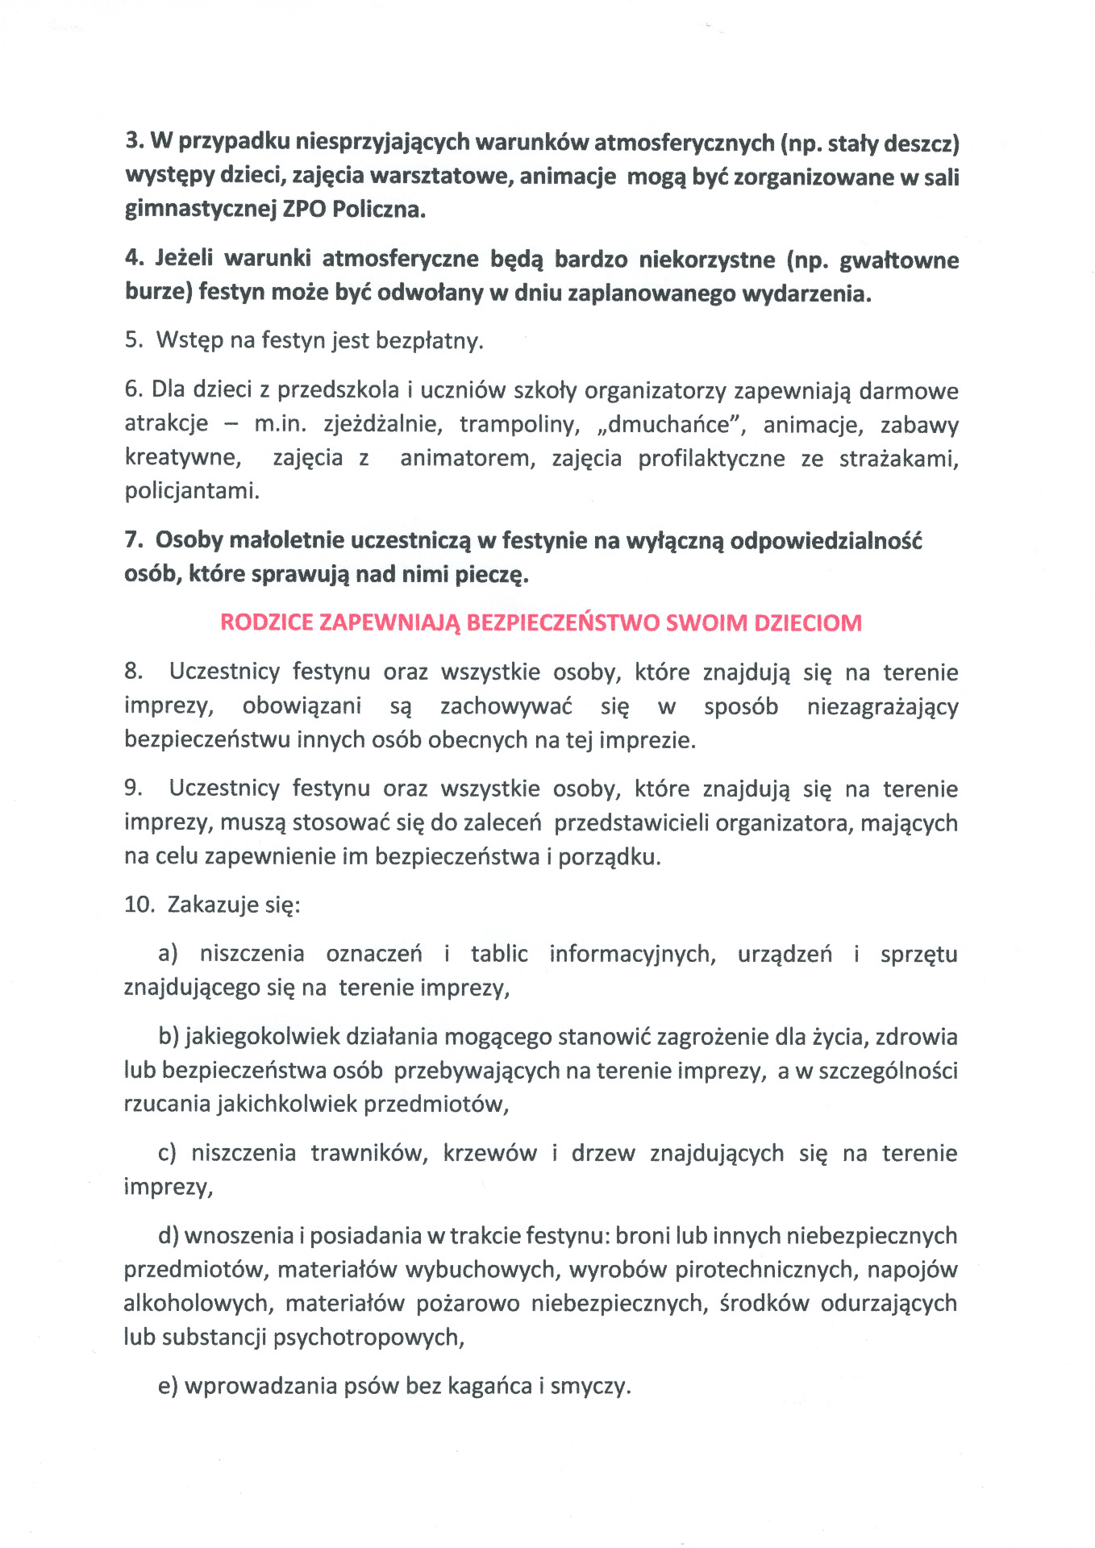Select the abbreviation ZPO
pyautogui.click(x=304, y=210)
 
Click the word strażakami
pyautogui.click(x=898, y=459)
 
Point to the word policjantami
pyautogui.click(x=192, y=491)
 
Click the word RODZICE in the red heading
pyautogui.click(x=266, y=623)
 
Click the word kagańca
pyautogui.click(x=490, y=1386)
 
